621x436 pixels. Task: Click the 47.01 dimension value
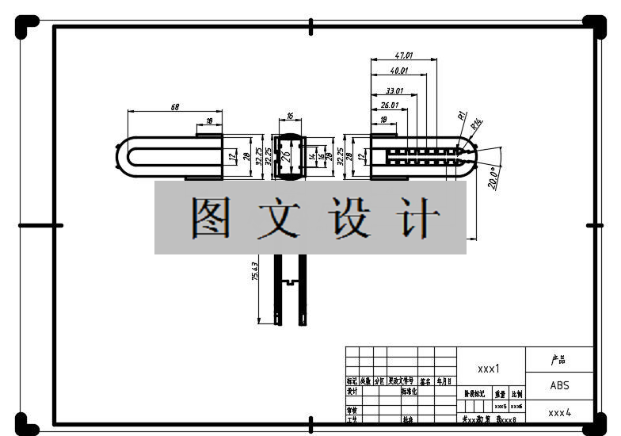[x=404, y=56]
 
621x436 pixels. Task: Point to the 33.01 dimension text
[x=394, y=91]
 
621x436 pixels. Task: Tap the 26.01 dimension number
[x=389, y=105]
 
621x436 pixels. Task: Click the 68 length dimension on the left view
[x=174, y=106]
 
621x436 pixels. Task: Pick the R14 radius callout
[x=476, y=124]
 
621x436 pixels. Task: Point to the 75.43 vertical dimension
[x=254, y=272]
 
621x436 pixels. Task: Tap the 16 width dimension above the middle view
[x=290, y=116]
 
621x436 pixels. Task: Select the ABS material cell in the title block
[x=559, y=386]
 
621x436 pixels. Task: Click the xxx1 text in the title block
[x=488, y=369]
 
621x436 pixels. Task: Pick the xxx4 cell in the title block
[x=559, y=412]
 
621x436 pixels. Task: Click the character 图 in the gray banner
[x=211, y=219]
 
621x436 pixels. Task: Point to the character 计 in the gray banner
[x=418, y=219]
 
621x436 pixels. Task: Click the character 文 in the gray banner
[x=279, y=219]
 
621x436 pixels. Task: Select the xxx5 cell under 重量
[x=500, y=406]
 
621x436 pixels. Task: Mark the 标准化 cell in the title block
[x=409, y=392]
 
